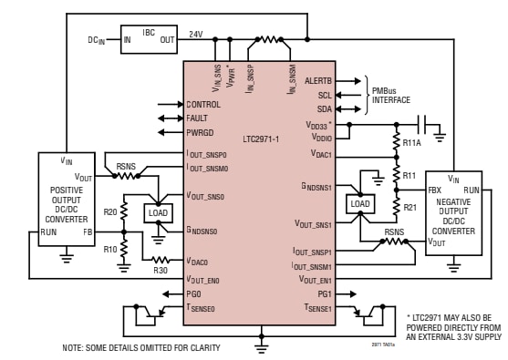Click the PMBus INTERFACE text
click(x=391, y=95)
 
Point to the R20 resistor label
click(x=110, y=211)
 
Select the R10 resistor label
click(x=110, y=248)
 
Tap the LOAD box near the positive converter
click(x=158, y=212)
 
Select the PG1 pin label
click(x=323, y=294)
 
